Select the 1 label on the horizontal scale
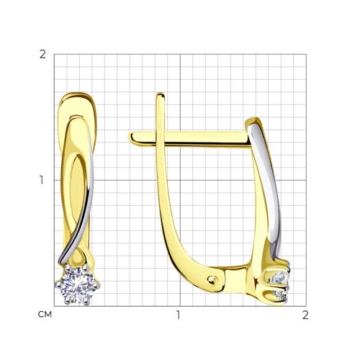[179, 315]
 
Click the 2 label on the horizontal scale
[305, 315]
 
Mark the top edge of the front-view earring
[76, 94]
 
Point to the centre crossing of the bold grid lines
[179, 179]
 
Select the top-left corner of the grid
[54, 54]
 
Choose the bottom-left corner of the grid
[54, 305]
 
